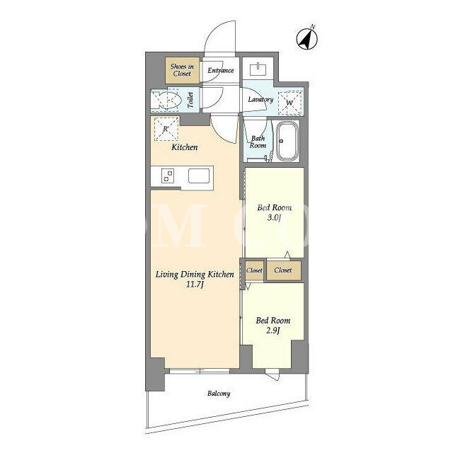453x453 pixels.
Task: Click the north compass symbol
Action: coord(307,39)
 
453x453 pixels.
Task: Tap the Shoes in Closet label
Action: coord(182,70)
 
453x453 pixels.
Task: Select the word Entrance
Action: coord(221,70)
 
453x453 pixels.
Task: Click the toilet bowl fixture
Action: coord(168,101)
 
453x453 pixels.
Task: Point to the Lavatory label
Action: coord(260,100)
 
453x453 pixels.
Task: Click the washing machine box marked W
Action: coord(289,103)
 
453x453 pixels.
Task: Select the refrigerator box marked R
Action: coord(166,129)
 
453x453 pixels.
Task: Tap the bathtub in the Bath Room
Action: coord(287,141)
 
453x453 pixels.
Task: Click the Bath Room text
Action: coord(258,142)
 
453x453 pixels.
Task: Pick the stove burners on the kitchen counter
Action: coord(168,176)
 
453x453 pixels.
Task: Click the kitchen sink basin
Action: coord(199,176)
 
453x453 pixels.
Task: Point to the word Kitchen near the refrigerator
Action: coord(185,147)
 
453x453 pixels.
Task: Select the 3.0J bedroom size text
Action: coord(274,218)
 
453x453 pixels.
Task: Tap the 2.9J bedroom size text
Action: coord(273,331)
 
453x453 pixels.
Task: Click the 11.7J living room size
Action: coord(195,285)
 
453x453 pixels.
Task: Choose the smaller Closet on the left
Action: coord(254,270)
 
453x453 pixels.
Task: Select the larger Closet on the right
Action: coord(284,270)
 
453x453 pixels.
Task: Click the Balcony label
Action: coord(219,394)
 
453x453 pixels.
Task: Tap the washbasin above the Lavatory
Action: coord(258,69)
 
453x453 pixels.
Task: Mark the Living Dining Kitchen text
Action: coord(195,275)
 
